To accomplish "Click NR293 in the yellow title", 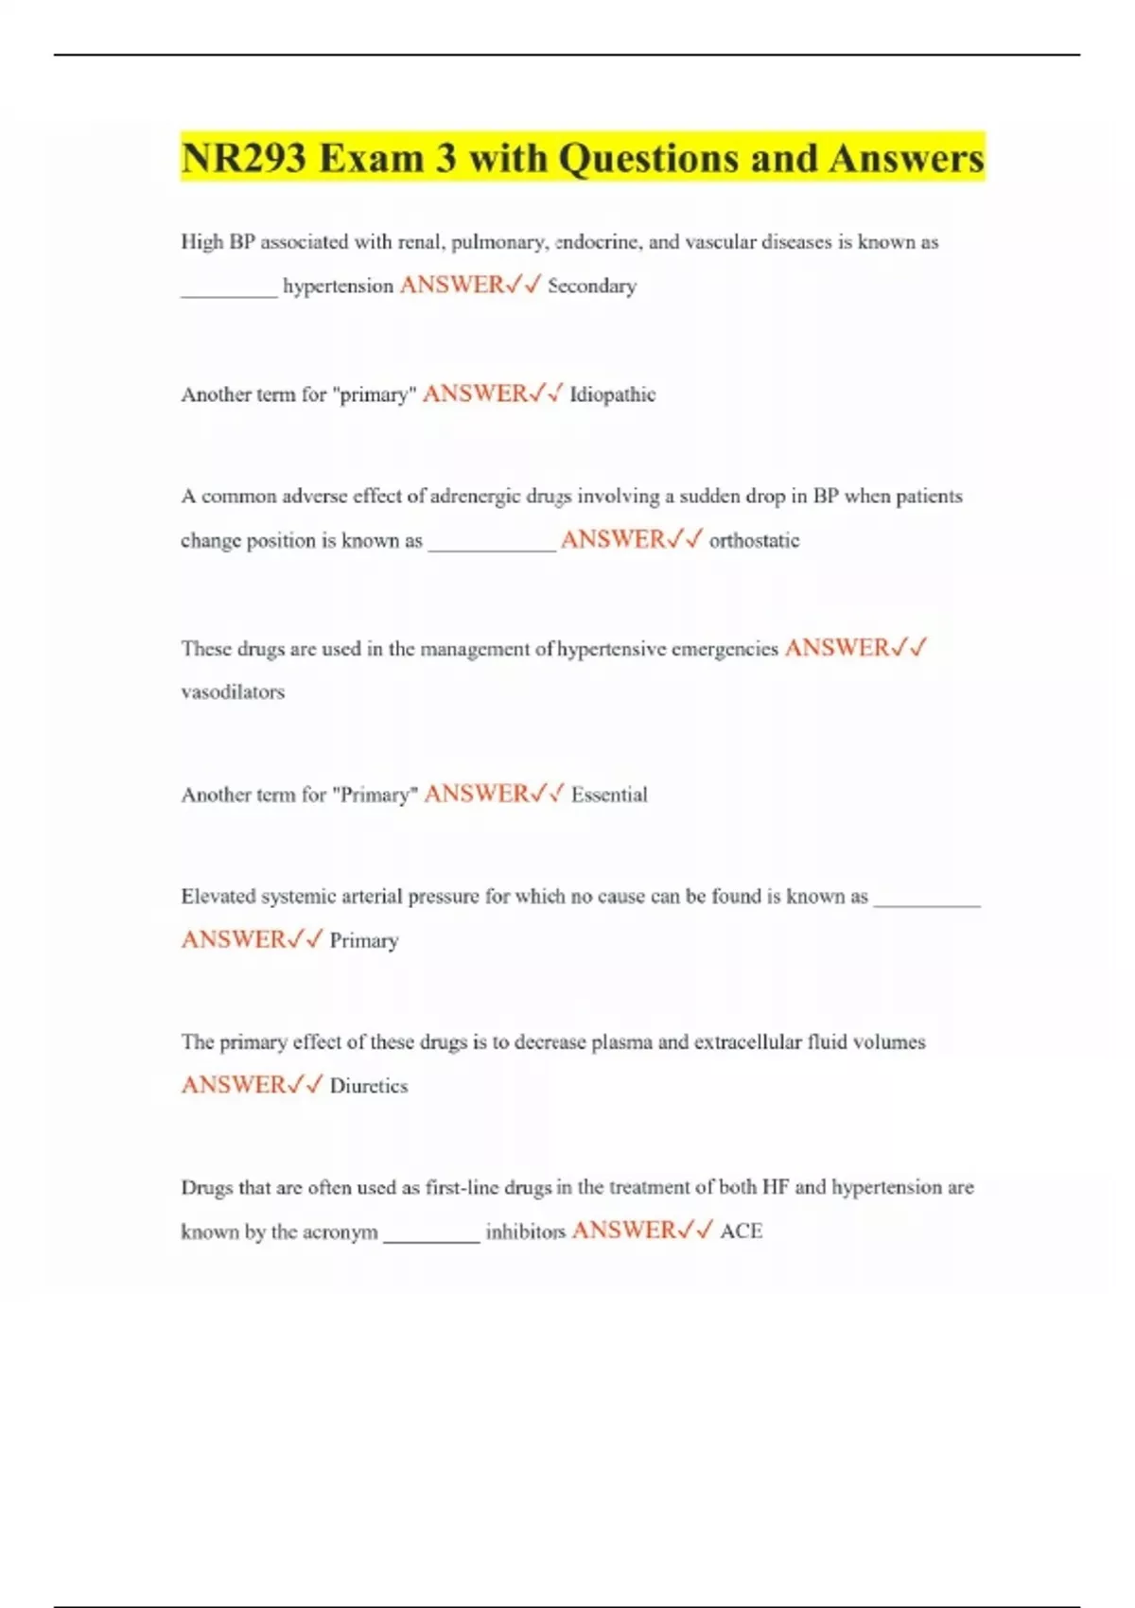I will click(243, 158).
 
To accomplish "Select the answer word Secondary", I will click(592, 286).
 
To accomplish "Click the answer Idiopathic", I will click(612, 394).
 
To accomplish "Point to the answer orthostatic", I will click(754, 540).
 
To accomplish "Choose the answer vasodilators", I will click(233, 691).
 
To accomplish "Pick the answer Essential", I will click(609, 795).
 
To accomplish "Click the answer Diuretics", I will click(369, 1086).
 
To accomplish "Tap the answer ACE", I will click(741, 1232).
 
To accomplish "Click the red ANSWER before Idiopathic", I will click(475, 393).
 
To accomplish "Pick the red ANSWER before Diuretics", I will click(234, 1085).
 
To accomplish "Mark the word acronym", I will click(340, 1232).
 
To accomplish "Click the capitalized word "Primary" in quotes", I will click(375, 795).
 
